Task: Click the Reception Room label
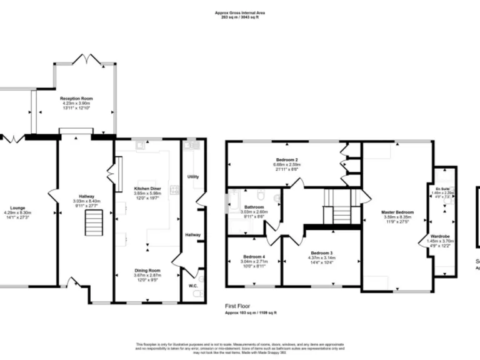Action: coord(76,99)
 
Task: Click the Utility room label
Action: coord(193,177)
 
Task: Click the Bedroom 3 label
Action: coord(322,252)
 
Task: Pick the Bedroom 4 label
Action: coord(254,257)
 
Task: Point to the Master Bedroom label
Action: coord(397,212)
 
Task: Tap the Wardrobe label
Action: coord(442,236)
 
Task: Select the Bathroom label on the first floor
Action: coord(254,207)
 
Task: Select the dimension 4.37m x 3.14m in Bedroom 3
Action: coord(322,257)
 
